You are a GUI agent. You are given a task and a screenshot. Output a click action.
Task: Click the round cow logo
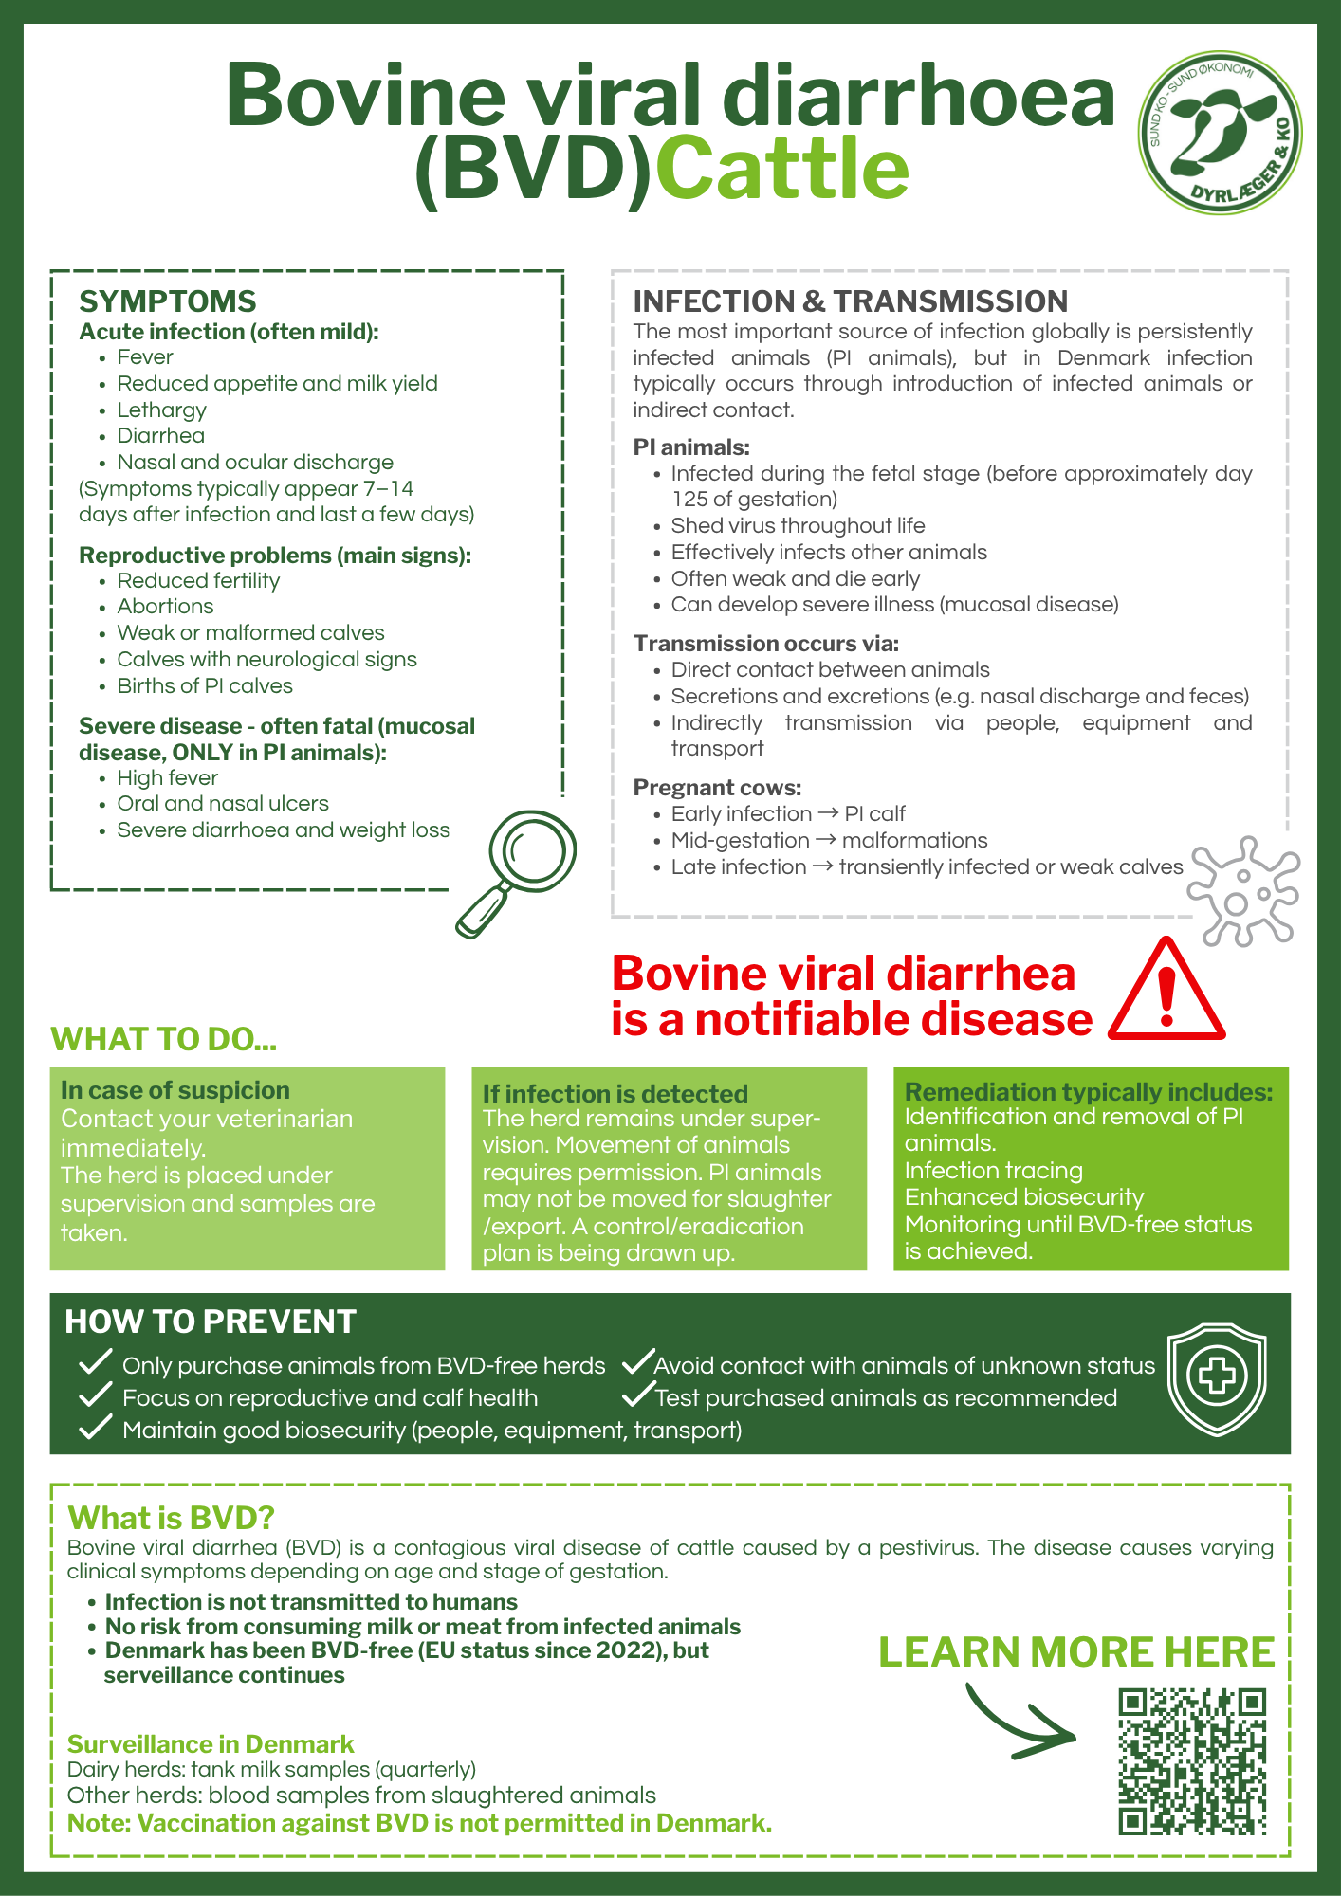click(1220, 133)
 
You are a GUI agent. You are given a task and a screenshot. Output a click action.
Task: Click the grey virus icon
click(1243, 891)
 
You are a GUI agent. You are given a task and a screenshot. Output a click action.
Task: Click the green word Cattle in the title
click(782, 169)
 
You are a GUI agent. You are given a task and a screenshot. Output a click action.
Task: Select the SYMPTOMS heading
click(168, 301)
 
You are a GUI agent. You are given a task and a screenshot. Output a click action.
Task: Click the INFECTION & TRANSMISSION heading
click(850, 301)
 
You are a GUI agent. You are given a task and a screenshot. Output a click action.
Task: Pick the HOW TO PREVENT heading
click(210, 1322)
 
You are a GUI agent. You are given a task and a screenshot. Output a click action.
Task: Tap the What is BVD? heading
click(171, 1518)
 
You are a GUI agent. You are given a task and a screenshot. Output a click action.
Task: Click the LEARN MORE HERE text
click(1076, 1652)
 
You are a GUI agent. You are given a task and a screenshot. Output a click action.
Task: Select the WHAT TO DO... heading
click(163, 1039)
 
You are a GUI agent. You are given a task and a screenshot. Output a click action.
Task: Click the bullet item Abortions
click(165, 607)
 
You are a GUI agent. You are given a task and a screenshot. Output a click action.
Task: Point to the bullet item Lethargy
click(161, 410)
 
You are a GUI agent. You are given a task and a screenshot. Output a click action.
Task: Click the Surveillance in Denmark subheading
click(210, 1744)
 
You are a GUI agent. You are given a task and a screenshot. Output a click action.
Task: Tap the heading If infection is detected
click(615, 1094)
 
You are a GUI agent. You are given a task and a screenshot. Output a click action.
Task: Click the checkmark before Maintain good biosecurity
click(95, 1429)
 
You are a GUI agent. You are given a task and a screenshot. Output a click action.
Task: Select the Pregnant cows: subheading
click(717, 788)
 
